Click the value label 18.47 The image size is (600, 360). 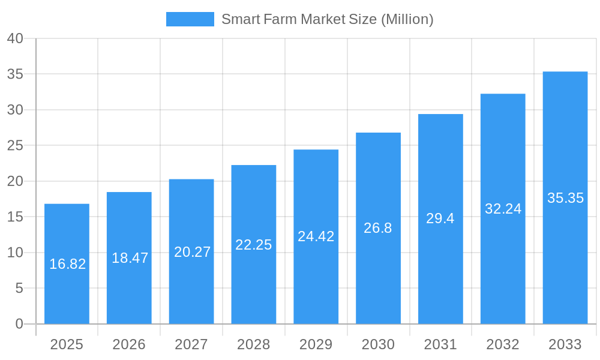pyautogui.click(x=130, y=258)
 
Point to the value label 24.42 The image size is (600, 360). pyautogui.click(x=316, y=236)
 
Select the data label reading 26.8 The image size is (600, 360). pyautogui.click(x=378, y=228)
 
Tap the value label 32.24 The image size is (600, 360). pyautogui.click(x=503, y=209)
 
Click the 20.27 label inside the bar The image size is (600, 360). pyautogui.click(x=193, y=252)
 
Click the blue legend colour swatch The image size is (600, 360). pyautogui.click(x=190, y=19)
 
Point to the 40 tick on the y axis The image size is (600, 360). pyautogui.click(x=15, y=38)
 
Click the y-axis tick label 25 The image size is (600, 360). pyautogui.click(x=15, y=145)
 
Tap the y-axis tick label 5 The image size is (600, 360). pyautogui.click(x=19, y=288)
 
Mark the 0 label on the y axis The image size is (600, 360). pyautogui.click(x=19, y=324)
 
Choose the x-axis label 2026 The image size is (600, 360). pyautogui.click(x=129, y=344)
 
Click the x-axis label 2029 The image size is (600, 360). pyautogui.click(x=316, y=344)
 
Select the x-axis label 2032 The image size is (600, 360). pyautogui.click(x=503, y=344)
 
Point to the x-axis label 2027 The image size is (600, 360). pyautogui.click(x=191, y=344)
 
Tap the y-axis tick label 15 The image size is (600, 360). pyautogui.click(x=15, y=217)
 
